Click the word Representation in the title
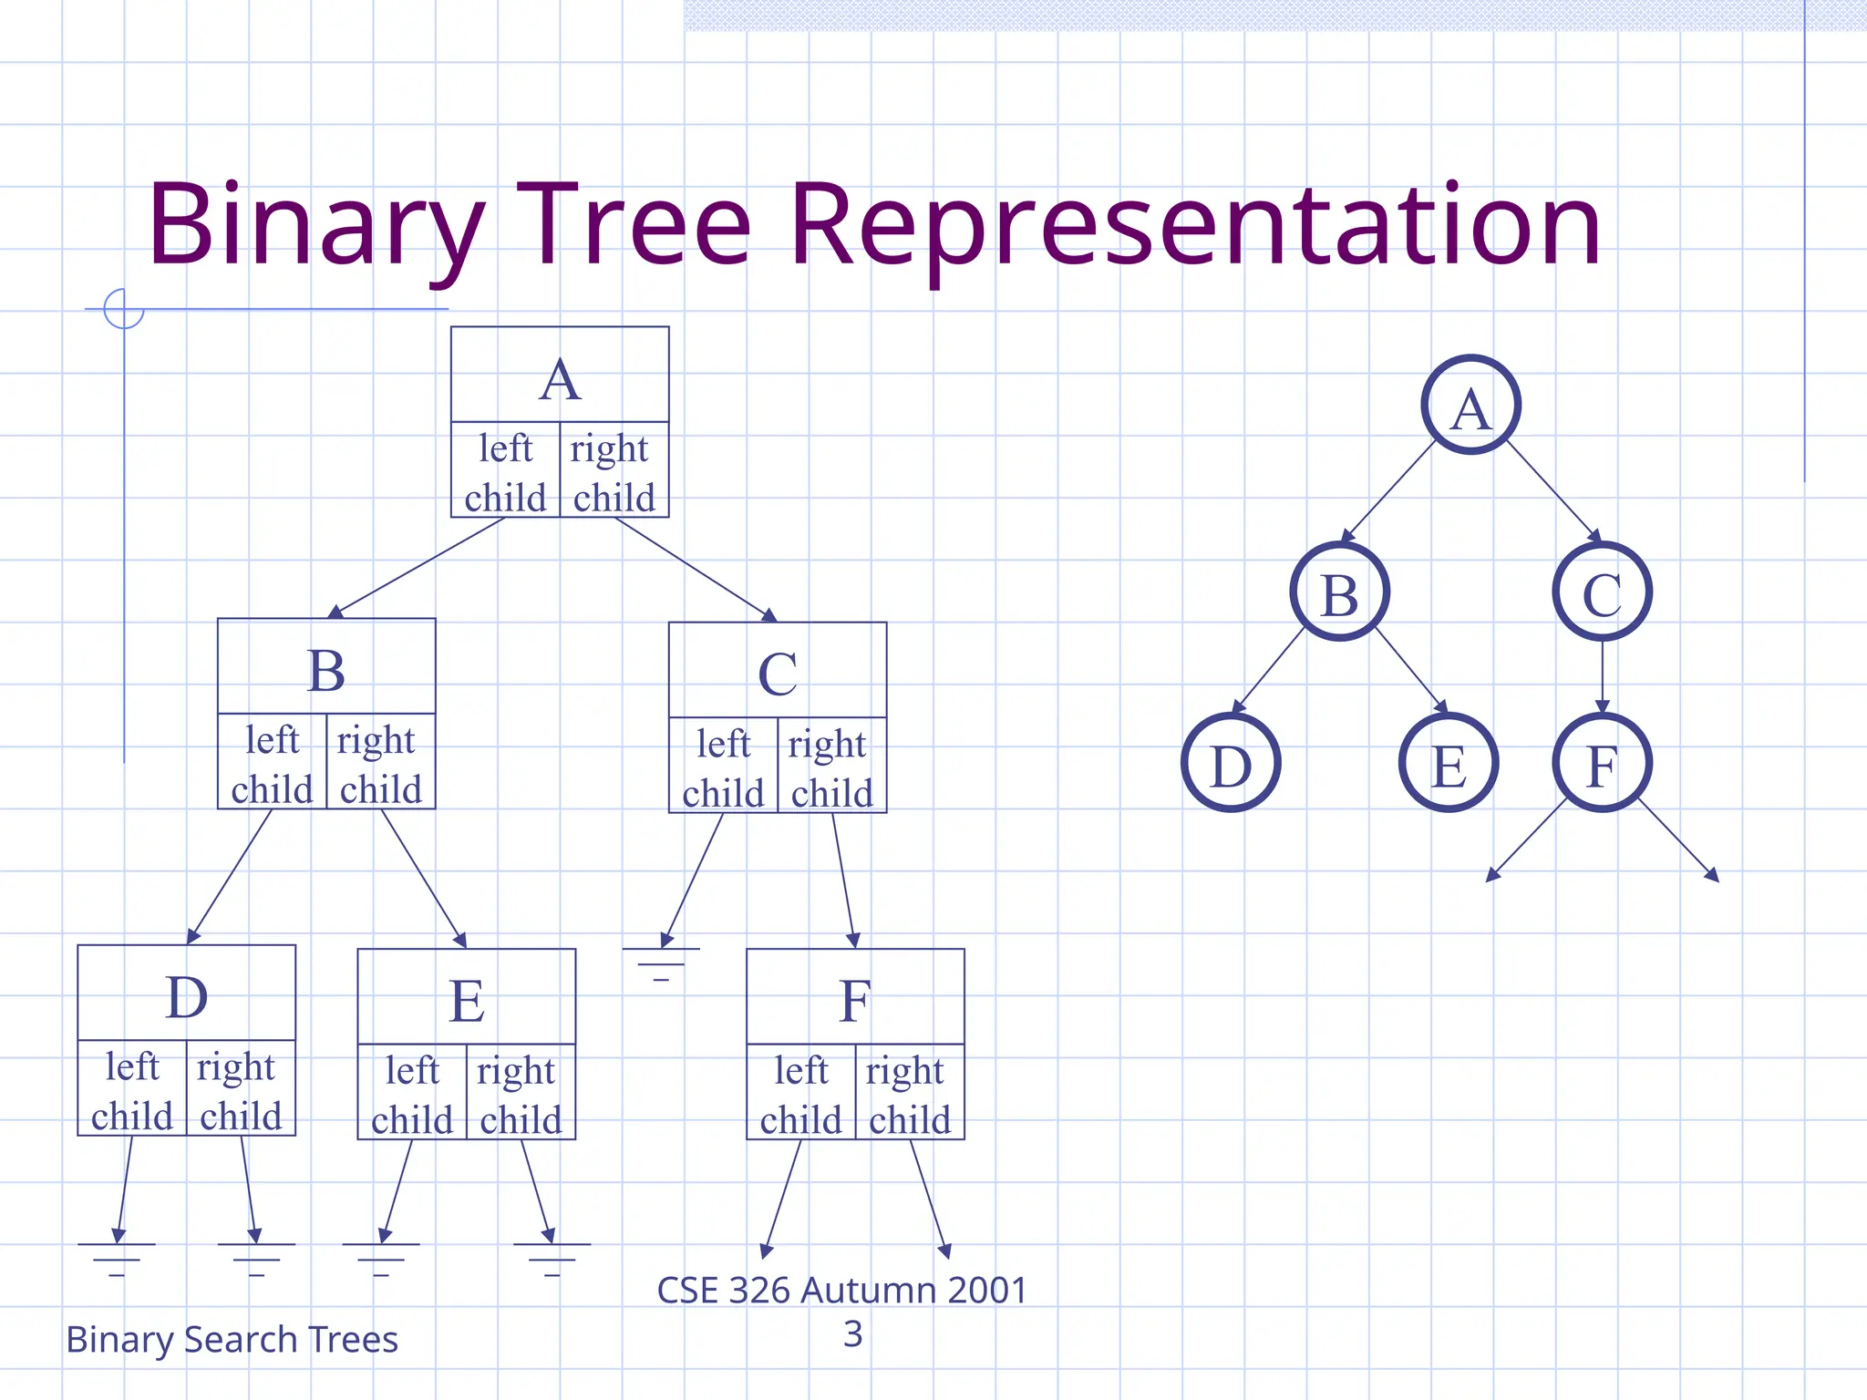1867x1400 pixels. [x=1194, y=225]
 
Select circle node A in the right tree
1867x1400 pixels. [x=1470, y=405]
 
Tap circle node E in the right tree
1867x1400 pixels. [x=1448, y=763]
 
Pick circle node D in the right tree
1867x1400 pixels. [x=1231, y=763]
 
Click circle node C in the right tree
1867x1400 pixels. [x=1602, y=592]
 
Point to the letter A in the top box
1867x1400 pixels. [x=560, y=379]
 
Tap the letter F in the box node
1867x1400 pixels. [x=854, y=1000]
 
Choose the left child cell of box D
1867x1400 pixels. [x=132, y=1089]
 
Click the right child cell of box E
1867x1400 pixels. [x=521, y=1093]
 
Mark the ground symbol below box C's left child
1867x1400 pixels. [x=661, y=962]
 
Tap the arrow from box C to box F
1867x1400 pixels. [x=843, y=880]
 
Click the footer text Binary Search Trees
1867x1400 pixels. [x=232, y=1339]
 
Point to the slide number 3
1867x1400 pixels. [x=852, y=1333]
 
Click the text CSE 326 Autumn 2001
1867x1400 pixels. [x=842, y=1290]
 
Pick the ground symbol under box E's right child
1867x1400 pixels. [x=552, y=1258]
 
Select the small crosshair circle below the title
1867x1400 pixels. [x=124, y=308]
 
